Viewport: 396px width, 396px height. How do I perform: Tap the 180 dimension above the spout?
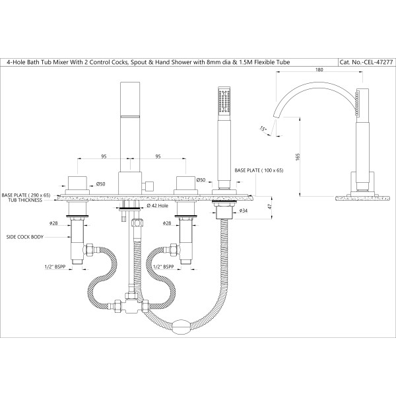coord(319,69)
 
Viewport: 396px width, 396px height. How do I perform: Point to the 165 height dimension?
coord(298,157)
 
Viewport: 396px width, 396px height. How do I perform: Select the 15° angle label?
coord(263,129)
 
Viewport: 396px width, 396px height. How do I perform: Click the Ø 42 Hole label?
coord(157,205)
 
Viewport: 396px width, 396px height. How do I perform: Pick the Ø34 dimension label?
coord(243,211)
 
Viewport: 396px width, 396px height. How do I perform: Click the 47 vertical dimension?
coord(270,206)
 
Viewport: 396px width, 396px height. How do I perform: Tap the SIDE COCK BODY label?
coord(25,237)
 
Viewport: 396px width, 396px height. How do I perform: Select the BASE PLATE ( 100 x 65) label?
coord(259,170)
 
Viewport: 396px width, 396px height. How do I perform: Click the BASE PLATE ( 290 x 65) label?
coord(26,195)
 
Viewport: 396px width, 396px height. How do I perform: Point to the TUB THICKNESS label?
coord(25,200)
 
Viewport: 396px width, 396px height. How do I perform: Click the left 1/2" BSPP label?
coord(55,267)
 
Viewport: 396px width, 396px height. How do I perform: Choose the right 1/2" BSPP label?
coord(164,267)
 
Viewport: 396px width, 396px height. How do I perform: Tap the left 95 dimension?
coord(104,156)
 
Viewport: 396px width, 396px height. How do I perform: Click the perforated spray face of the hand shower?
coord(224,100)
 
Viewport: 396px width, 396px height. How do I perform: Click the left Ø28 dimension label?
coord(53,223)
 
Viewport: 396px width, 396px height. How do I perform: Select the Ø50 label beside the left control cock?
coord(100,184)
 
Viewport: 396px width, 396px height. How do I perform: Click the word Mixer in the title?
coord(60,62)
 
